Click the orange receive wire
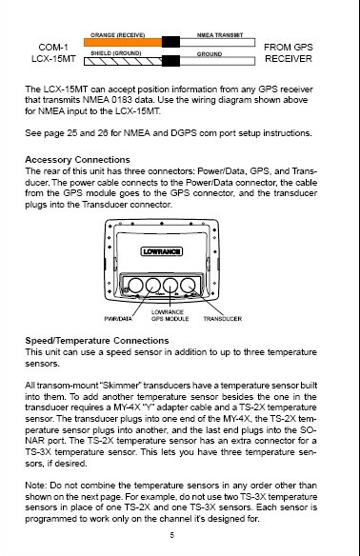tap(123, 43)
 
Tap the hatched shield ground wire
tap(123, 61)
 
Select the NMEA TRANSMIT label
tap(220, 35)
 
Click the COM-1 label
tap(53, 48)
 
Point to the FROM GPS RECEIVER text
tap(289, 52)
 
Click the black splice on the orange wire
tap(171, 42)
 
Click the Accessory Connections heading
tap(78, 160)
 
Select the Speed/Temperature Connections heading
tap(97, 341)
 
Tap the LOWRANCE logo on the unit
tap(162, 251)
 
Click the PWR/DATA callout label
tap(118, 319)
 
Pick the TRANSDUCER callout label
tap(223, 319)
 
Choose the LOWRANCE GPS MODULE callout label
tap(170, 315)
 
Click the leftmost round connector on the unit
tap(135, 286)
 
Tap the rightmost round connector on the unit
tap(188, 286)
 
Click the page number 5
tap(172, 535)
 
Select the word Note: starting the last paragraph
tap(36, 486)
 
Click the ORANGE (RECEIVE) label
tap(117, 35)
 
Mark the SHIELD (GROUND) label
tap(116, 53)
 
